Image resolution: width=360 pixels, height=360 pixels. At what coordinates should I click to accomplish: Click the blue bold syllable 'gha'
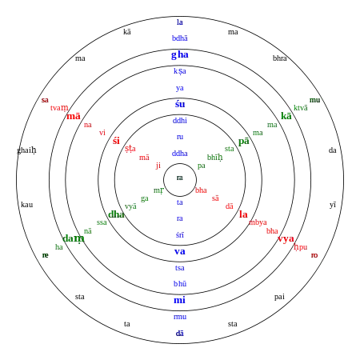point(180,55)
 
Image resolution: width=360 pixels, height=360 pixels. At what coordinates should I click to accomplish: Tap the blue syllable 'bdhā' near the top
point(180,38)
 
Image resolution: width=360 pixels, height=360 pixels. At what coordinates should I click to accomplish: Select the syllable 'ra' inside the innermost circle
point(180,178)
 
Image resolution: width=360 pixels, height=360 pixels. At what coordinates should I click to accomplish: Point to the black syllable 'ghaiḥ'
point(26,150)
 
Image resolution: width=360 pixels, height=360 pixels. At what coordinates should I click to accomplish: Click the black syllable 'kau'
point(27,205)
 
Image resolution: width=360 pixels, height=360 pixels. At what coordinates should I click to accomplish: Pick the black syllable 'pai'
point(279,297)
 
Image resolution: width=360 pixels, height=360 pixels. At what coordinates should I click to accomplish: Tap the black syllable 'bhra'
point(279,58)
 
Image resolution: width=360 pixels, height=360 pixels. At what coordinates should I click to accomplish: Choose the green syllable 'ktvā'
point(301,108)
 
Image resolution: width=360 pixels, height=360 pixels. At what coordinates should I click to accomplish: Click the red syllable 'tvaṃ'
point(59,108)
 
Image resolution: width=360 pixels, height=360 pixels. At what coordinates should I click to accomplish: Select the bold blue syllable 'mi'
point(179,300)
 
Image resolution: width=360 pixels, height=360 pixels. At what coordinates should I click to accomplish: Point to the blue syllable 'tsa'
point(180,268)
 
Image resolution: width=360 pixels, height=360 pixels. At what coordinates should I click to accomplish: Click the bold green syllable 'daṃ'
point(74,238)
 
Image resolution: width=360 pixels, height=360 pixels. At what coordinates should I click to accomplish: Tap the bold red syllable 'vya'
point(286,239)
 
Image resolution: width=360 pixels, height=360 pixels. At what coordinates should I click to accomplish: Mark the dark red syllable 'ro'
point(314,255)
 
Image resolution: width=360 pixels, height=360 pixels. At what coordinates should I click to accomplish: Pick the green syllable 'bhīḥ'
point(215,158)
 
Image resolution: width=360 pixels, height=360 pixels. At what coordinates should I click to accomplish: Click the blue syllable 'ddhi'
point(180,121)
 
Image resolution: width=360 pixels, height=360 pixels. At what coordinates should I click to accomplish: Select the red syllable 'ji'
point(158,166)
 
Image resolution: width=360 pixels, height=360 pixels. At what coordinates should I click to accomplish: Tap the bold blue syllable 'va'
point(180,252)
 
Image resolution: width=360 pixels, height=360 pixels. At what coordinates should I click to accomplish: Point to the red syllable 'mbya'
point(258,222)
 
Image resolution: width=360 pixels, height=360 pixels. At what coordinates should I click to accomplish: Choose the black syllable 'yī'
point(333,205)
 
